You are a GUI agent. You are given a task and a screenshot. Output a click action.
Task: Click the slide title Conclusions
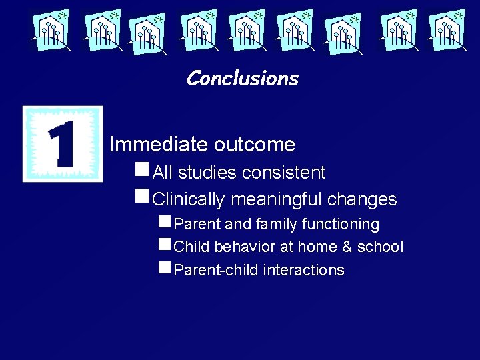[242, 79]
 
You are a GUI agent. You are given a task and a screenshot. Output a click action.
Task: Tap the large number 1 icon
[63, 144]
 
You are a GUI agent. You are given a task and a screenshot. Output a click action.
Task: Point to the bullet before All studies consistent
[141, 171]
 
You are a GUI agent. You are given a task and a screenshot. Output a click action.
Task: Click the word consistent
[284, 173]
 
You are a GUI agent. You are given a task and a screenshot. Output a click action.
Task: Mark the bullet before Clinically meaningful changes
[141, 197]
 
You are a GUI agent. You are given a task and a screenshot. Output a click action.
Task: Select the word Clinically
[189, 199]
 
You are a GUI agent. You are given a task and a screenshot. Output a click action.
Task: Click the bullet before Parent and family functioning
[165, 222]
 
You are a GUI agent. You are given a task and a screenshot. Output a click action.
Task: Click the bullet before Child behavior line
[165, 245]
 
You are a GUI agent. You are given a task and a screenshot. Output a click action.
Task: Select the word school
[380, 247]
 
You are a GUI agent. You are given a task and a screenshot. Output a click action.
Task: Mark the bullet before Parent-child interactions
[165, 268]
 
